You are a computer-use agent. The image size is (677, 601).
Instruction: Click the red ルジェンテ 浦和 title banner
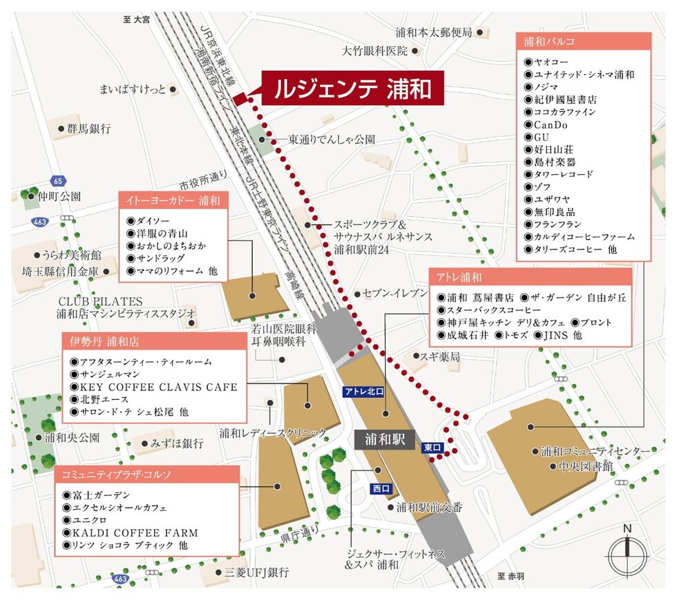352,88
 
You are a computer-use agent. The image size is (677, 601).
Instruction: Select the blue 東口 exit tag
432,448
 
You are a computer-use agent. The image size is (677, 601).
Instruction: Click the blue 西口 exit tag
381,488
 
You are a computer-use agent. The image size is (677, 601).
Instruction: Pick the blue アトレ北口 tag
363,392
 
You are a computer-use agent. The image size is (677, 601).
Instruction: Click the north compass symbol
627,549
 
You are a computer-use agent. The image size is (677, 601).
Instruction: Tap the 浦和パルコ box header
584,41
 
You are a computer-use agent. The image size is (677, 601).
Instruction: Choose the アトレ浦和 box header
530,278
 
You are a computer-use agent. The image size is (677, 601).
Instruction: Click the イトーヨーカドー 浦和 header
173,202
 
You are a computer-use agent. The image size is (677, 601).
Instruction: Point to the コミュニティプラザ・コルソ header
147,475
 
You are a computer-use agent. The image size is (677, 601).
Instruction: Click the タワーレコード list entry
563,175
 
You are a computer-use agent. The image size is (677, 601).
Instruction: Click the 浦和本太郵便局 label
434,32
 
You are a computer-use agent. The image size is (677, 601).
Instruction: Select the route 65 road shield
57,181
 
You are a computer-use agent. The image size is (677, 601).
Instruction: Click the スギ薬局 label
441,356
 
